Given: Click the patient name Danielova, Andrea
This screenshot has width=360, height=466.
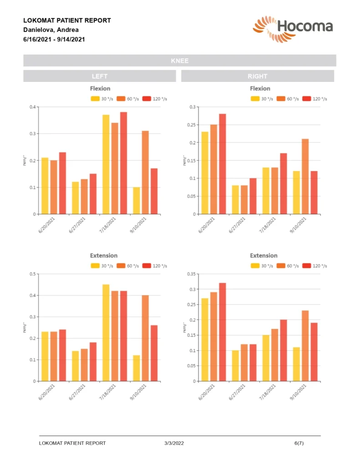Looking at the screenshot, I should [x=51, y=30].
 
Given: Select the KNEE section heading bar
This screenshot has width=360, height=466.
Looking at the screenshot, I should [x=180, y=61].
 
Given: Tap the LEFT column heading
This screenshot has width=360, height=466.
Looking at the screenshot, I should [x=100, y=76].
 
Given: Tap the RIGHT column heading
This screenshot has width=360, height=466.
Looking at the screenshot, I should [x=258, y=76].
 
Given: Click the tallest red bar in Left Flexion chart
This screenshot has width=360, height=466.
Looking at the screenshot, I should [x=123, y=163].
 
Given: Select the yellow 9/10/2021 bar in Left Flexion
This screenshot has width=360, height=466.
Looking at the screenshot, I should [x=137, y=200].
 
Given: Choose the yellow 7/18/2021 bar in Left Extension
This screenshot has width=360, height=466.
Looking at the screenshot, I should [x=106, y=333].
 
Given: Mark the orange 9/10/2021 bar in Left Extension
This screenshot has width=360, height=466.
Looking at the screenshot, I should [x=145, y=338].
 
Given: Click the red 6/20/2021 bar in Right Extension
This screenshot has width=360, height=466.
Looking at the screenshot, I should [x=223, y=332].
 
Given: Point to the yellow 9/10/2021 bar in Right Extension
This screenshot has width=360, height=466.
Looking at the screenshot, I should [x=296, y=364].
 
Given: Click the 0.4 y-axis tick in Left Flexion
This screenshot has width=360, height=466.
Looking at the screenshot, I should [x=32, y=107].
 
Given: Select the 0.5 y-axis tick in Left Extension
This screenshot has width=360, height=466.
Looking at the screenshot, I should [x=32, y=274].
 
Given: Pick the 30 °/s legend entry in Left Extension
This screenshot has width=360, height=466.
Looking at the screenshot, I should [x=102, y=266].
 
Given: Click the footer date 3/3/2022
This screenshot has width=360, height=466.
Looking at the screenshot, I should [x=174, y=443].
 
